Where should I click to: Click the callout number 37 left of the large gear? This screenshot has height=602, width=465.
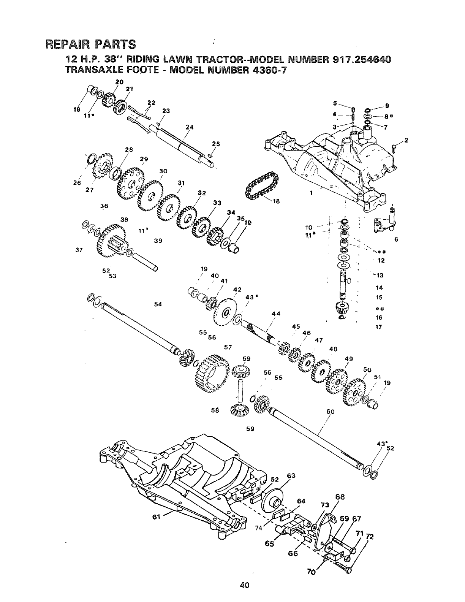tap(80, 250)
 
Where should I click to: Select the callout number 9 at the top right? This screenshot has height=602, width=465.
tap(387, 106)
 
